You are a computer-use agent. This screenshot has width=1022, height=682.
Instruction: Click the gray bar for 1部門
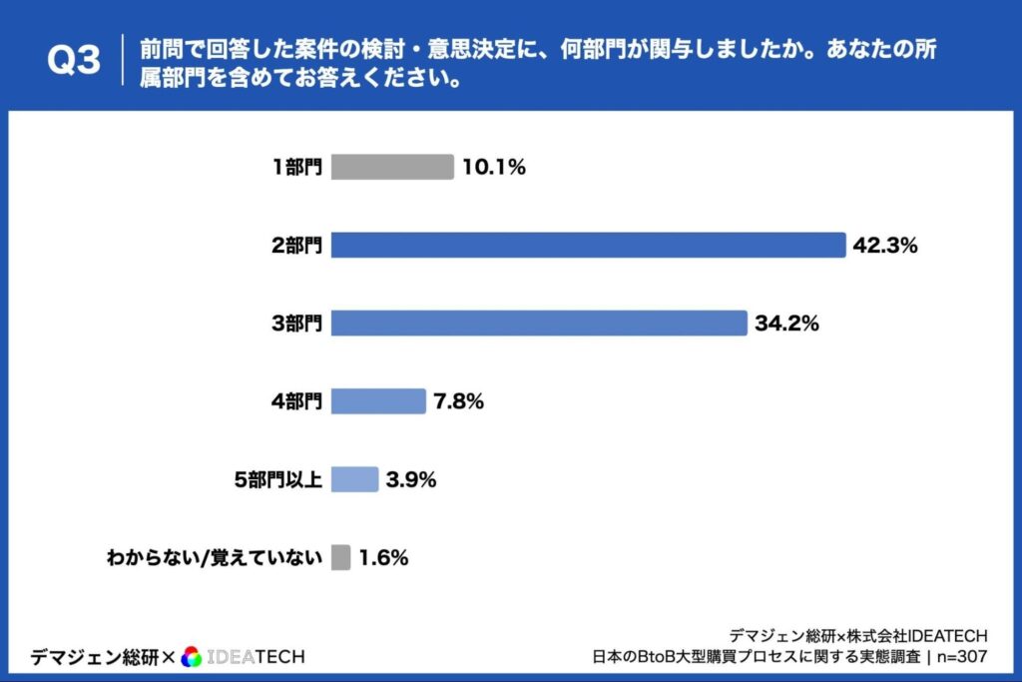(x=392, y=167)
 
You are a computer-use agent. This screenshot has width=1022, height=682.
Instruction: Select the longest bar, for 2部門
(x=588, y=245)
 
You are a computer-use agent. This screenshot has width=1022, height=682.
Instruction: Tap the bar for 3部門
(x=539, y=323)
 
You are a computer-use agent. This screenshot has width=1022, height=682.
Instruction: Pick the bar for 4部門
(x=378, y=400)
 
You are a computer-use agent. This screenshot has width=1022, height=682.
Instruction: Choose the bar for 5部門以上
(x=354, y=479)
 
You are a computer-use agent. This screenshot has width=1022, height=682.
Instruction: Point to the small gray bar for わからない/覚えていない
(x=340, y=557)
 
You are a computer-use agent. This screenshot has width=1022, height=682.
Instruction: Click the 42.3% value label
(x=884, y=245)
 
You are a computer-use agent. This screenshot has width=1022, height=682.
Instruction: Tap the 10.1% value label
(x=493, y=167)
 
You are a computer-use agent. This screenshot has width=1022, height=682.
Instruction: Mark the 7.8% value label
(x=458, y=400)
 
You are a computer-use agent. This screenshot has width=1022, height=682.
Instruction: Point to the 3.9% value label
(x=411, y=479)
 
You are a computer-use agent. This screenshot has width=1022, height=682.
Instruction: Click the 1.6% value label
(x=383, y=557)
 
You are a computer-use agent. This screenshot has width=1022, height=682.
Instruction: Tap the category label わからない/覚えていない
(x=214, y=557)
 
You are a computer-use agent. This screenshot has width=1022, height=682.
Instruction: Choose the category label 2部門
(x=296, y=245)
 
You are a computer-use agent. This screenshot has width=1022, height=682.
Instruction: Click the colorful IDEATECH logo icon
(x=192, y=656)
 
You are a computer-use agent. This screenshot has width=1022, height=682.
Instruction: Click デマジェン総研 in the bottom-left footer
(x=94, y=656)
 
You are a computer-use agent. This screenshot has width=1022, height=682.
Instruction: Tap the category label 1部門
(x=297, y=167)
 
